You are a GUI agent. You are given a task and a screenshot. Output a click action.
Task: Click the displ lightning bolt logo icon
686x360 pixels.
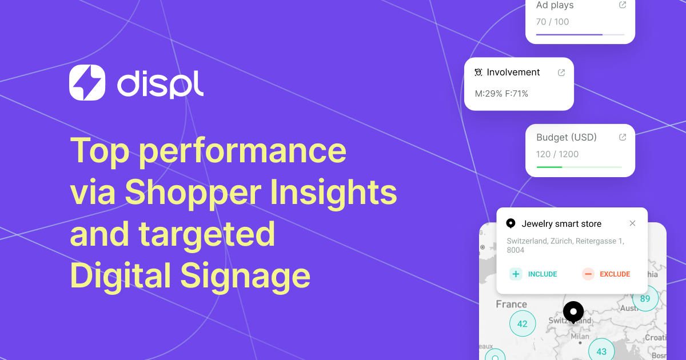pos(87,82)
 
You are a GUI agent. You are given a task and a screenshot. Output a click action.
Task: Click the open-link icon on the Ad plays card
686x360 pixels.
pos(623,5)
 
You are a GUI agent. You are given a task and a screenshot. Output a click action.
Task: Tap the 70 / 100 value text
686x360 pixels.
pos(552,22)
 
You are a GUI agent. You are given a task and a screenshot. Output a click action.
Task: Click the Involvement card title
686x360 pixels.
pos(513,73)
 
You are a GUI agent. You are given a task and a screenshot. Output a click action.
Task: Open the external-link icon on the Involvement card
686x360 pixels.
pos(561,73)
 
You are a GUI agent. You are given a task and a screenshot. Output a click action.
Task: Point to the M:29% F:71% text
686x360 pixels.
pos(501,93)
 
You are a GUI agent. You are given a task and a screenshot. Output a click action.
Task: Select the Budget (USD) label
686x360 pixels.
pos(566,137)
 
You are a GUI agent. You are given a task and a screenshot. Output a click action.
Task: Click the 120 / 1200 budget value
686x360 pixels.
pos(557,154)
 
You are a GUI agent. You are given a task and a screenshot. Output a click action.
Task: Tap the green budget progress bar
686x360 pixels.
pos(549,167)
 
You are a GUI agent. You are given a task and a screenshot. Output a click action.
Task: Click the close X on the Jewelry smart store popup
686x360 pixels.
pos(632,223)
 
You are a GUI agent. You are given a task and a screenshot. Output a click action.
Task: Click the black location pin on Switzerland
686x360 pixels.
pos(573,312)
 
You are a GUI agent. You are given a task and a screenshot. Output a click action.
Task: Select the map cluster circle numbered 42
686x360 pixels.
pos(522,323)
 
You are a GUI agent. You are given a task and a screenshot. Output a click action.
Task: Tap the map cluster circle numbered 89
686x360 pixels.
pos(645,298)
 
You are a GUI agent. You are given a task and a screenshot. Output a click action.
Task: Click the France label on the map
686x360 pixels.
pos(511,304)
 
